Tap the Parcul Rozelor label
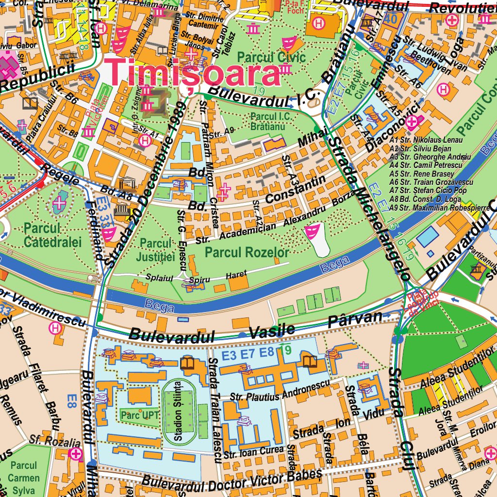247,252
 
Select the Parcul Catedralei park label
52,235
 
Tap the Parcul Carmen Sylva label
24,478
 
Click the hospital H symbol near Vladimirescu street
56,329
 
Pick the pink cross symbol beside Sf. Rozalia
76,454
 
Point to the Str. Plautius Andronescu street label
280,390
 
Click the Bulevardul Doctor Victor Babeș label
232,480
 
